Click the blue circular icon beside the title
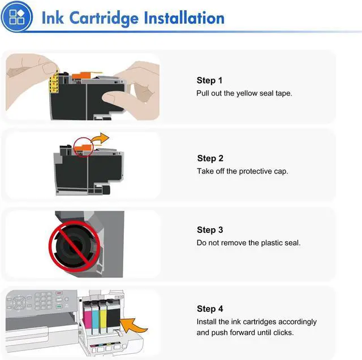tap(16, 16)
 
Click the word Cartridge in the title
tap(104, 19)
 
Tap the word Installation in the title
tap(184, 18)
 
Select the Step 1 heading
tap(209, 80)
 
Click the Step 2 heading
tap(210, 158)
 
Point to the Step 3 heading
tap(210, 229)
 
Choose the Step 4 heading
tap(210, 309)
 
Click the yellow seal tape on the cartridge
tap(54, 82)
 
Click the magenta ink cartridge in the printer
tap(87, 318)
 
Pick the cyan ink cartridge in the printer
tap(95, 318)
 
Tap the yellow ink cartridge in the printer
tap(103, 318)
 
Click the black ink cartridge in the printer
tap(113, 316)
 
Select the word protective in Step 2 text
tap(255, 171)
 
